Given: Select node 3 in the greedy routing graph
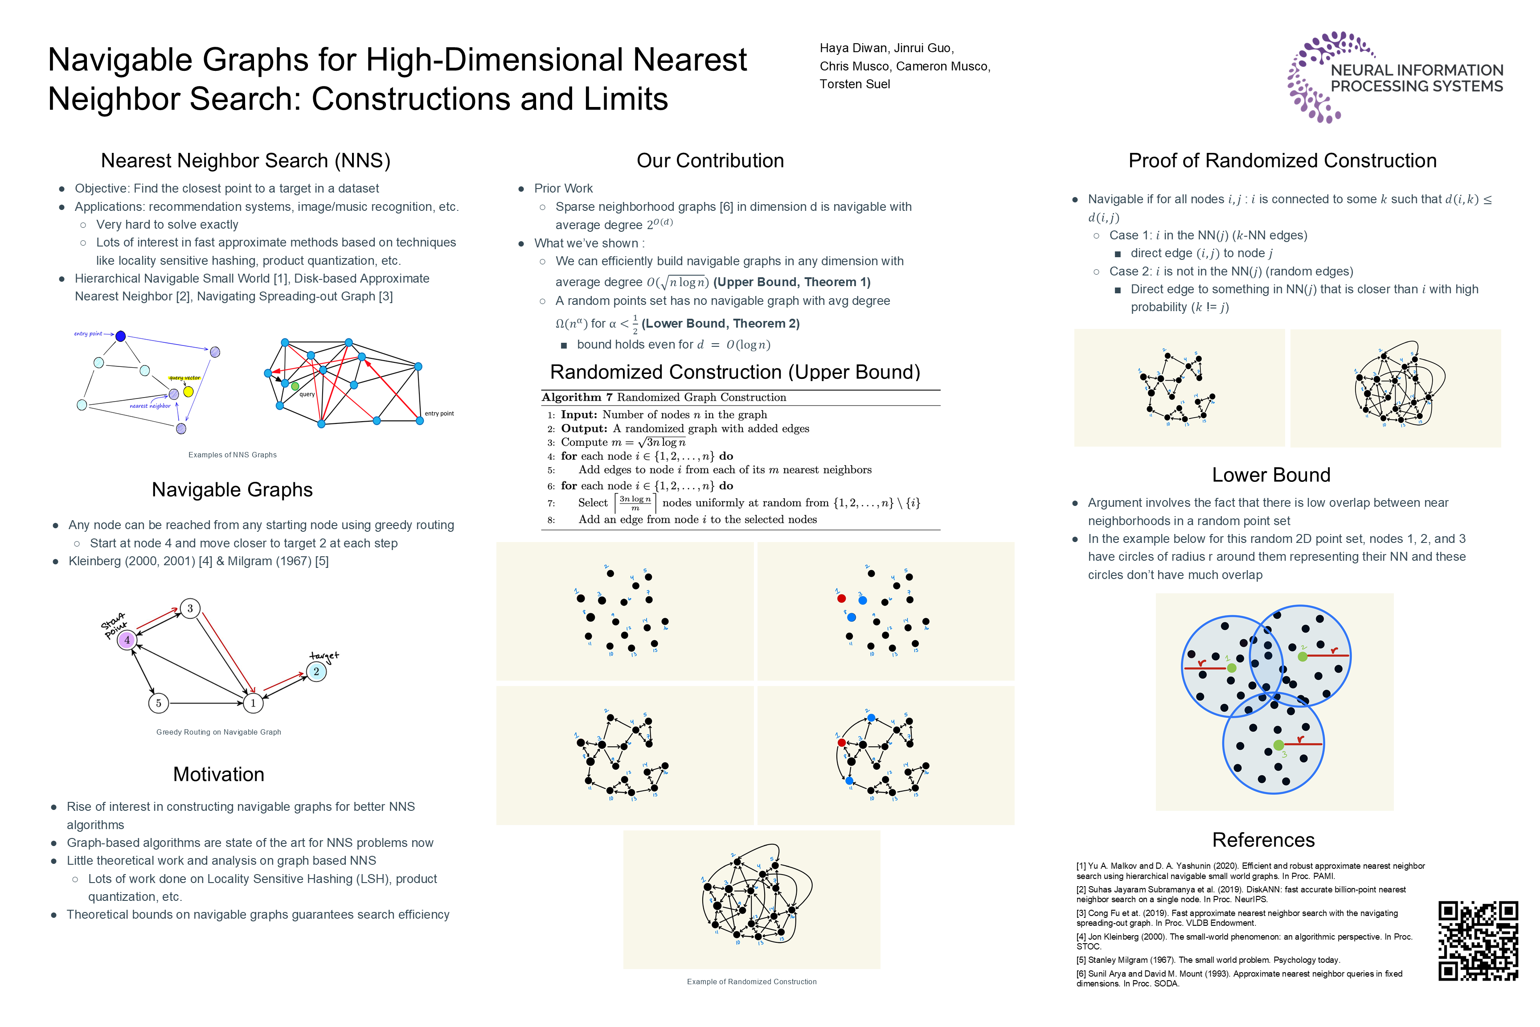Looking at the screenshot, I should tap(190, 608).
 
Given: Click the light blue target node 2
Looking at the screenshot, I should tap(316, 671).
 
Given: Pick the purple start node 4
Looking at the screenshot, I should tap(127, 640).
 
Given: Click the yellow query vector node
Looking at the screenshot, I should tap(188, 392).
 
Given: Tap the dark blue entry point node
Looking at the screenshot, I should tap(120, 336).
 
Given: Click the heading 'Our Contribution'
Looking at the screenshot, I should tap(710, 160).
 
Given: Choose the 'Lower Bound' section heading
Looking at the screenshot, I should tap(1270, 475).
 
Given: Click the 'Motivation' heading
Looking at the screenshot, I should tap(219, 774).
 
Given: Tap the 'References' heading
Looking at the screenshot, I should tap(1263, 840).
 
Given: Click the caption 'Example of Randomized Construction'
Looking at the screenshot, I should tap(751, 981).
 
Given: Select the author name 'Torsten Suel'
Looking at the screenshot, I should tap(855, 84).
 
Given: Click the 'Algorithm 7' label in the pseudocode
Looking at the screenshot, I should tap(577, 397).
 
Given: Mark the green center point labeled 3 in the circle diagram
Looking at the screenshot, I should tap(1278, 745).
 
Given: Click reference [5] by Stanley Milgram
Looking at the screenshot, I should tap(1208, 960).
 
